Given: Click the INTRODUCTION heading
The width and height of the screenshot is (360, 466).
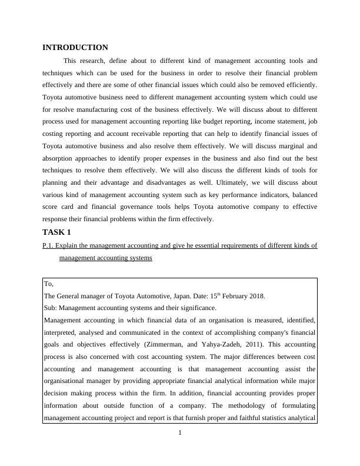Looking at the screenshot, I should [x=75, y=48].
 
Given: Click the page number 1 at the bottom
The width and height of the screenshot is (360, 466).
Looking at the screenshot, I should [x=180, y=434].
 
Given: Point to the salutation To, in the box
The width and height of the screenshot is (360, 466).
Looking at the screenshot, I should [x=49, y=284].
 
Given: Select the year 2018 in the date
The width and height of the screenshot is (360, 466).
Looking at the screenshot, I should [x=255, y=296].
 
